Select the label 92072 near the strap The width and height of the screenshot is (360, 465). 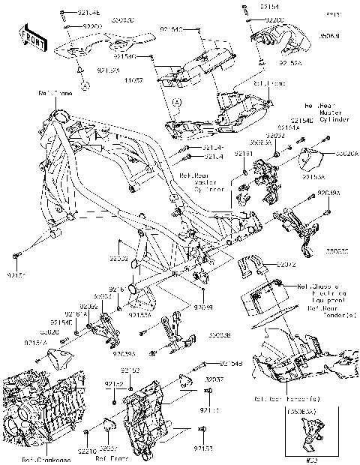click(288, 265)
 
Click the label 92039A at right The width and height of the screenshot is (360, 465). click(328, 193)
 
